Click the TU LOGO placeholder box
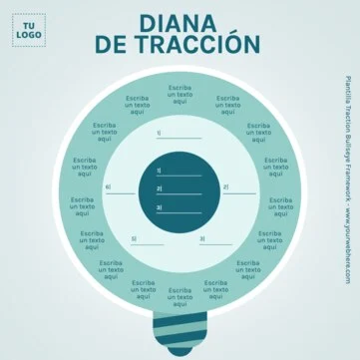pyautogui.click(x=28, y=30)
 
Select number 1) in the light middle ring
pyautogui.click(x=160, y=133)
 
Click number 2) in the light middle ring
pyautogui.click(x=225, y=186)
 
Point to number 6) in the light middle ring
pyautogui.click(x=109, y=186)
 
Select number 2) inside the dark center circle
pyautogui.click(x=159, y=188)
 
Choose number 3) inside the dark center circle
pyautogui.click(x=159, y=206)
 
